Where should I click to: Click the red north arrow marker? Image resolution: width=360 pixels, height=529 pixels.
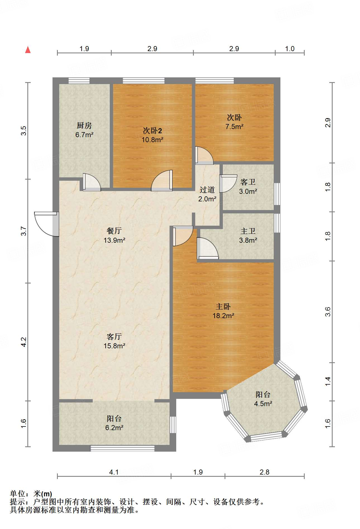pyautogui.click(x=28, y=50)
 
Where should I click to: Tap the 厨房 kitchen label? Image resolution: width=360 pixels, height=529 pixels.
pyautogui.click(x=84, y=125)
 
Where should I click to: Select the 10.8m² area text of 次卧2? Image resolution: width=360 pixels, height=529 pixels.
pyautogui.click(x=152, y=140)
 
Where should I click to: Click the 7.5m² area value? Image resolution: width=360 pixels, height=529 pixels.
pyautogui.click(x=234, y=127)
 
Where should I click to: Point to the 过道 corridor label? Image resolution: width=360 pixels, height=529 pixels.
pyautogui.click(x=207, y=190)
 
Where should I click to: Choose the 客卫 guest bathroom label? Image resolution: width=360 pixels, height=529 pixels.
pyautogui.click(x=248, y=182)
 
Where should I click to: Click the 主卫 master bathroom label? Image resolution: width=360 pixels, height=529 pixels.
pyautogui.click(x=248, y=231)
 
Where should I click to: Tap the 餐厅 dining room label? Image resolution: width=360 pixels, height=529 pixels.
pyautogui.click(x=114, y=231)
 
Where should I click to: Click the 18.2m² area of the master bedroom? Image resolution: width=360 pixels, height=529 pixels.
pyautogui.click(x=223, y=316)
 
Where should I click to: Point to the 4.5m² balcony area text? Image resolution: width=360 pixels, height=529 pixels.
pyautogui.click(x=263, y=404)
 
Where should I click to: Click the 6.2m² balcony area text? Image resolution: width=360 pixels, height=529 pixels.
pyautogui.click(x=114, y=428)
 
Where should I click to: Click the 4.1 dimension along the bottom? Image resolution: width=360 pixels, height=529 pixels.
pyautogui.click(x=114, y=472)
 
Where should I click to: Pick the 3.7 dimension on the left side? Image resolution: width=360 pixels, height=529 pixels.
pyautogui.click(x=24, y=231)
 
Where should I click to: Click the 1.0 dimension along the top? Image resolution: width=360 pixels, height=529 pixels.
pyautogui.click(x=290, y=49)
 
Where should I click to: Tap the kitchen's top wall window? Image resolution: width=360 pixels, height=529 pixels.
pyautogui.click(x=79, y=81)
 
